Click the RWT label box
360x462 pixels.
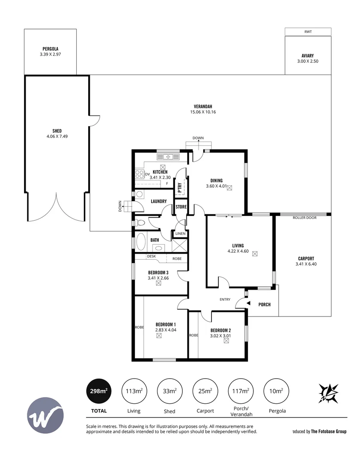(x=308, y=31)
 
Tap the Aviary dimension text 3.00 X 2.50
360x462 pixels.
(x=308, y=61)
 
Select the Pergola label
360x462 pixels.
(x=51, y=49)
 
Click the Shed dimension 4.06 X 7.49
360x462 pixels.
(x=57, y=137)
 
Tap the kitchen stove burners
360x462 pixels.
(x=140, y=174)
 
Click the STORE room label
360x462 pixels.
(x=181, y=207)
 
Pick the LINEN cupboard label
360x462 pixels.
(x=180, y=234)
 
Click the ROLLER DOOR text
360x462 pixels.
(x=304, y=218)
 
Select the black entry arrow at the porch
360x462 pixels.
(x=249, y=304)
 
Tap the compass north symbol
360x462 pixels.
(x=328, y=393)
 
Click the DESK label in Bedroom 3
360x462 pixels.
(x=151, y=257)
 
